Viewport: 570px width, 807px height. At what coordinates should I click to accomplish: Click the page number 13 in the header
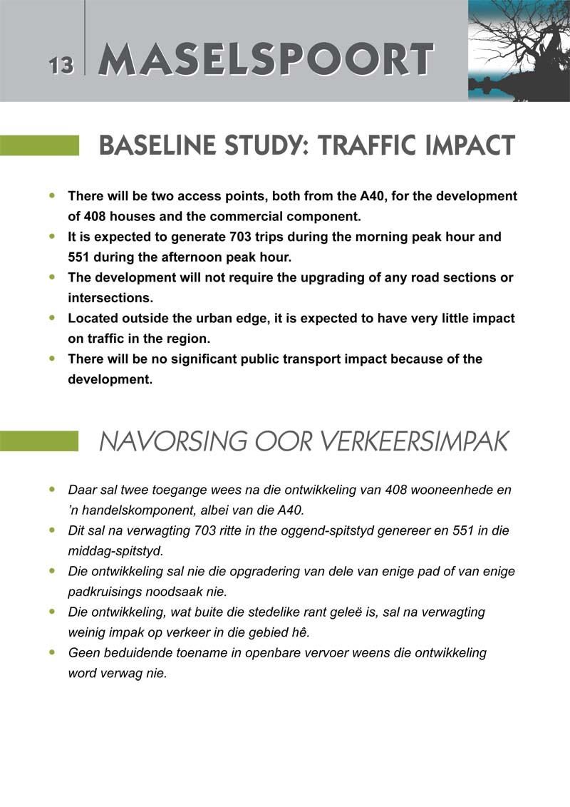coord(61,66)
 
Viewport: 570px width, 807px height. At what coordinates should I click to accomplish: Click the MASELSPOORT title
coord(265,60)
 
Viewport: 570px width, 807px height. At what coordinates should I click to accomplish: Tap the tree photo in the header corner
coord(519,50)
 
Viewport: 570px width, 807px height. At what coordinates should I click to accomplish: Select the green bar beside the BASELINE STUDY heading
coord(39,145)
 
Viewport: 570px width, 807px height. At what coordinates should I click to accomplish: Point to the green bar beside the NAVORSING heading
coord(39,441)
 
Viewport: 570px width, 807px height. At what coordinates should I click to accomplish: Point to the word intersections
coord(109,298)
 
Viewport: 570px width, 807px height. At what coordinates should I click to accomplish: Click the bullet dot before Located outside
coord(51,318)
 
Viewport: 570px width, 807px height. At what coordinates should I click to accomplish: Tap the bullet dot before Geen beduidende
coord(51,652)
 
